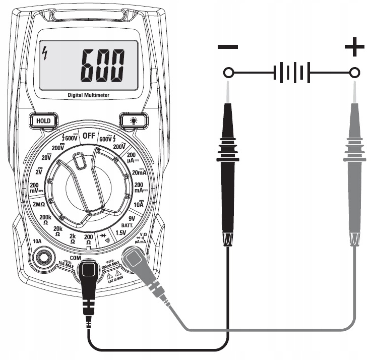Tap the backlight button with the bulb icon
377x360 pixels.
tap(134, 121)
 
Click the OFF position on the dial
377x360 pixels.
tap(89, 136)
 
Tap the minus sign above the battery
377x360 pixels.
tap(228, 48)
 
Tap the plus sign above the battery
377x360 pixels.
tap(354, 48)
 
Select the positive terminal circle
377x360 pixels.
tap(355, 74)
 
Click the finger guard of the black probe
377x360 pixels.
tap(228, 159)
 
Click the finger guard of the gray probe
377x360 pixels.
tap(354, 159)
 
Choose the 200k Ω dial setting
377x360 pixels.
tap(46, 219)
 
